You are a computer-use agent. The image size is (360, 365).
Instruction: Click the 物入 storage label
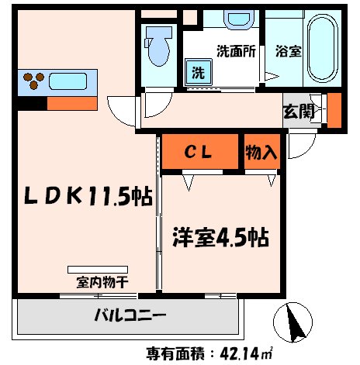(261, 152)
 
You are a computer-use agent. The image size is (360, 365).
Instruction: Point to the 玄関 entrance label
(299, 111)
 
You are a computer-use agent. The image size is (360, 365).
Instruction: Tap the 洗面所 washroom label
(234, 52)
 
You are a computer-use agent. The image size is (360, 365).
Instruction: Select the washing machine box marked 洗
(198, 74)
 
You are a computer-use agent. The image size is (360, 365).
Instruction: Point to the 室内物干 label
(101, 281)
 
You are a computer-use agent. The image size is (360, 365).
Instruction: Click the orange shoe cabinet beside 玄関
(334, 109)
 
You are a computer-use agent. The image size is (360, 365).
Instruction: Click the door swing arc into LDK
(122, 111)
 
